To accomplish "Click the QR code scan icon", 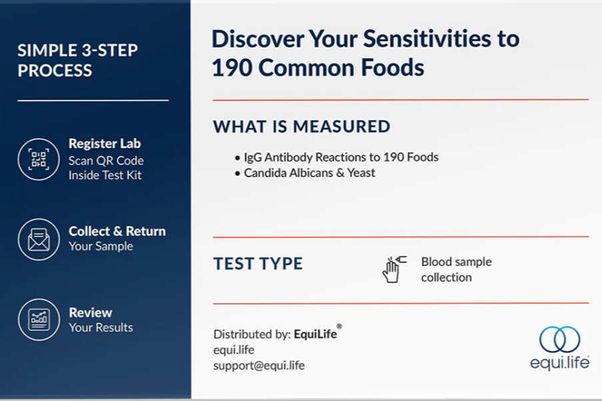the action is pos(39,159).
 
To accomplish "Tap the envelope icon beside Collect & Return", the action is pos(39,239).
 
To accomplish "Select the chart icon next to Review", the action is pos(39,320).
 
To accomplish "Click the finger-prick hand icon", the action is pos(394,269).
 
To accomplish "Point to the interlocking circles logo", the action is pos(560,339).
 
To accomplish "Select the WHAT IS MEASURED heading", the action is pos(302,127).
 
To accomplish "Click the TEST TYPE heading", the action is pos(258,264).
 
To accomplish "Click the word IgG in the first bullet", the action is pos(252,157).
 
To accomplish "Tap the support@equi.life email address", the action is pos(259,365).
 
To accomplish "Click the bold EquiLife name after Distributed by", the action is pos(315,334).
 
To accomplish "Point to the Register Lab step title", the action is pos(105,143).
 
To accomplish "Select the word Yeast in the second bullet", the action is pos(361,173).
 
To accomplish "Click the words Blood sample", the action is pos(457,262).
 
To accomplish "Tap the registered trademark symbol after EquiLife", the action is pos(339,326).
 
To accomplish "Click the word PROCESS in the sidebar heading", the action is pos(55,71).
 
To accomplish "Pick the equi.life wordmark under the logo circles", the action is pos(560,363).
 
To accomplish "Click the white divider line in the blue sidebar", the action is pos(93,101).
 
